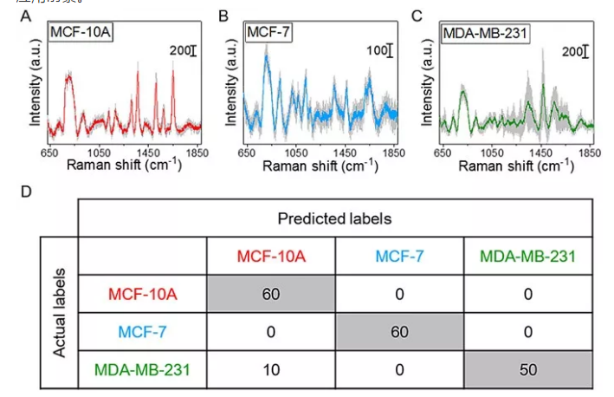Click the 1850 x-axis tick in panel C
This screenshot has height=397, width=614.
pyautogui.click(x=592, y=151)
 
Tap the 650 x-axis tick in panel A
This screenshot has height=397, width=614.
pyautogui.click(x=50, y=151)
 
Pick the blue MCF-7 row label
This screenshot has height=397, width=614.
pyautogui.click(x=142, y=330)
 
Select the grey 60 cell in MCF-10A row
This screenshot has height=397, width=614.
pyautogui.click(x=269, y=293)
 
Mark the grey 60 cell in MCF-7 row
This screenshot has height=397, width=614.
pyautogui.click(x=399, y=330)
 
